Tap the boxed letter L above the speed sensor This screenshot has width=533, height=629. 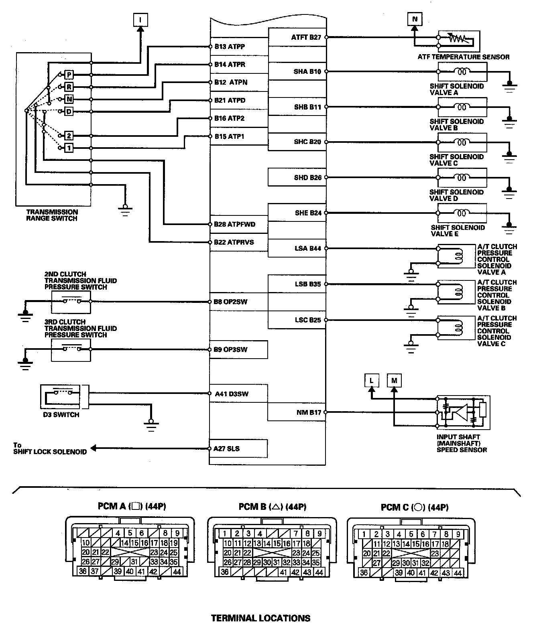[x=372, y=380]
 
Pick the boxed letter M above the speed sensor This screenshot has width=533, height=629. [x=394, y=380]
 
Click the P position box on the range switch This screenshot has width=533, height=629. [x=69, y=75]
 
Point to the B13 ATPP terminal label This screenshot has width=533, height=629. [x=229, y=47]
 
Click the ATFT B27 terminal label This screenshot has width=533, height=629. [x=306, y=37]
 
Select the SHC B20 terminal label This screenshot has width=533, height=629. [x=307, y=142]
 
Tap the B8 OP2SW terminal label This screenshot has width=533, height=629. [x=230, y=302]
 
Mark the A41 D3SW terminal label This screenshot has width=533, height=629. [x=232, y=394]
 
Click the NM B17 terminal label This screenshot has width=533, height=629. [x=308, y=412]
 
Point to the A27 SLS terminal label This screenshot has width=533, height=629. [x=227, y=448]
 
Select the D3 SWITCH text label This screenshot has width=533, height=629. [x=61, y=415]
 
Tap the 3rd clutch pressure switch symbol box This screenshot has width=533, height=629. [x=71, y=349]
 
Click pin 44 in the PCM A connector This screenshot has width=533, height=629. [x=177, y=572]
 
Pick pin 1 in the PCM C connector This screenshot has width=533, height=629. [x=364, y=534]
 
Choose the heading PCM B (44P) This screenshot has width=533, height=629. [x=273, y=507]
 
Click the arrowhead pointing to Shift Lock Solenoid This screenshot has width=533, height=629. [x=94, y=448]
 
